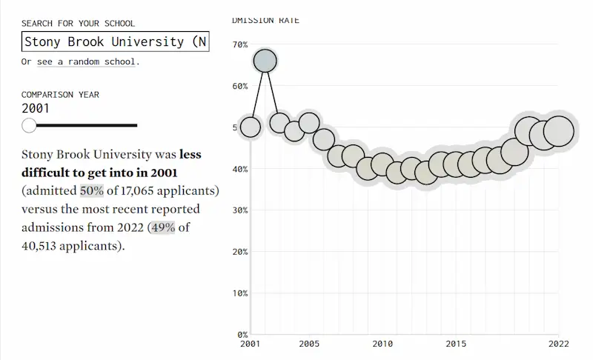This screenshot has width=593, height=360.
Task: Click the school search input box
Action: (115, 42)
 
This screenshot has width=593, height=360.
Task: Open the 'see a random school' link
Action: (87, 61)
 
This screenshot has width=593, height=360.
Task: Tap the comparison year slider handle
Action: (29, 125)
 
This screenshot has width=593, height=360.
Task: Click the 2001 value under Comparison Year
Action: (36, 108)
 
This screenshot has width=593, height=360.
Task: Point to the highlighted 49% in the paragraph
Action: (162, 227)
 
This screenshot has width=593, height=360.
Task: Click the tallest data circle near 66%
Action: (265, 61)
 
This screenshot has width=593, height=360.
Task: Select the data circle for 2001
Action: (251, 127)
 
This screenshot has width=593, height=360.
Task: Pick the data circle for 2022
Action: (558, 131)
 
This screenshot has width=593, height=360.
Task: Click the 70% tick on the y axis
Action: (240, 45)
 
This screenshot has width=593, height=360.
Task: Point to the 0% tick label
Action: (242, 334)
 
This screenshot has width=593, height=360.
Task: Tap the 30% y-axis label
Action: (240, 210)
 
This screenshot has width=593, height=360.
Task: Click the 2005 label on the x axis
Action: (309, 344)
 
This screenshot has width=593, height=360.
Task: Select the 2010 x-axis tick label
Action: (382, 344)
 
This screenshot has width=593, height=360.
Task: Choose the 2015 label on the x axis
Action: (456, 344)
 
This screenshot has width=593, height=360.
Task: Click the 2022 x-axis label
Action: (558, 344)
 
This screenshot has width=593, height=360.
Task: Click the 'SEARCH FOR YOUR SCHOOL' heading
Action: (78, 24)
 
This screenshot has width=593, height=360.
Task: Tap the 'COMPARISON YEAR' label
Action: (60, 95)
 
